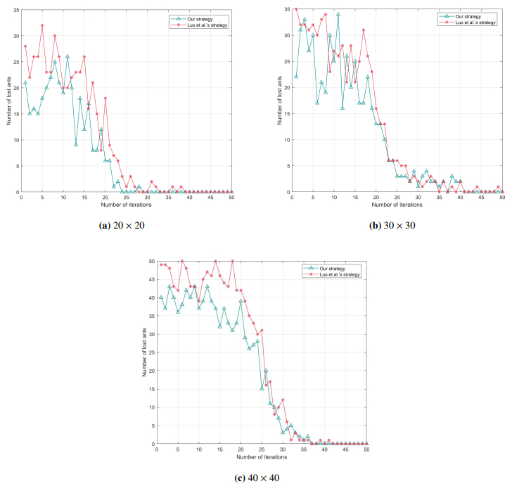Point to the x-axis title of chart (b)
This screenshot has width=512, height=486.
click(x=397, y=204)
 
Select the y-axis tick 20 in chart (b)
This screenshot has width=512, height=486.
click(x=286, y=87)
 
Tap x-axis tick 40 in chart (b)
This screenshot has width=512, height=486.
click(x=461, y=198)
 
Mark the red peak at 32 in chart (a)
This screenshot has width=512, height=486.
click(x=42, y=25)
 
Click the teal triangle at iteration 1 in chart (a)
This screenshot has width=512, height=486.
click(x=25, y=82)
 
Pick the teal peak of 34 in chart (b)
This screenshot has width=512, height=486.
click(x=338, y=14)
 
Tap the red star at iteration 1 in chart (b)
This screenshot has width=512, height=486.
click(x=296, y=9)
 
